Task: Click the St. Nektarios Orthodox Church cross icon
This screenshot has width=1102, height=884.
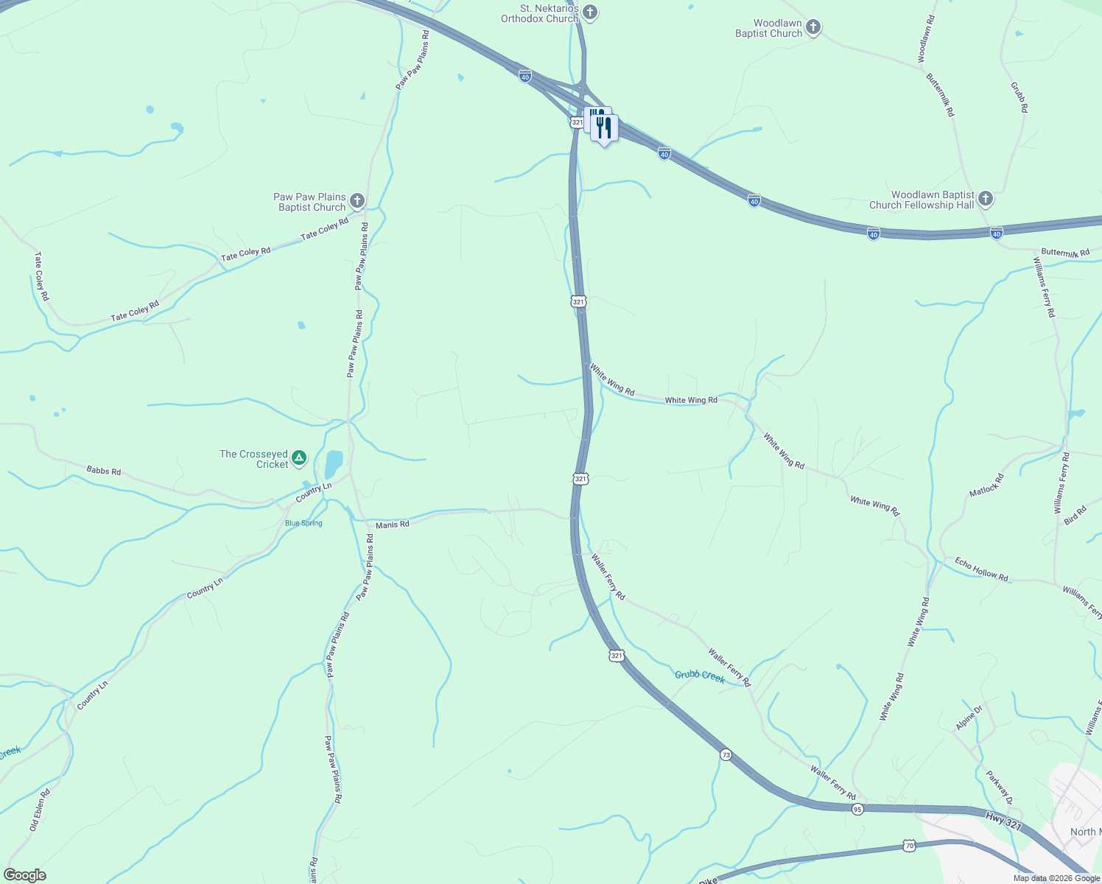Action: click(x=591, y=12)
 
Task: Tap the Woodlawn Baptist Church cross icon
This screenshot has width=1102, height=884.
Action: click(x=813, y=27)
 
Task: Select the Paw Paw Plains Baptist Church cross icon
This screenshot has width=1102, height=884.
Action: click(x=357, y=201)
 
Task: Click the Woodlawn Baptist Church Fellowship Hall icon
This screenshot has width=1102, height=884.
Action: click(x=986, y=199)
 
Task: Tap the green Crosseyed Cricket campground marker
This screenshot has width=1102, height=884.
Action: click(x=299, y=458)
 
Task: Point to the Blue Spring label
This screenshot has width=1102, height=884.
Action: click(x=303, y=523)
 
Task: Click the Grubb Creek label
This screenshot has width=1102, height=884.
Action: click(x=700, y=676)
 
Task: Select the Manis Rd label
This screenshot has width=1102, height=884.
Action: click(x=392, y=525)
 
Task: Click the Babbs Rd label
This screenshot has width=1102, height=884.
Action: click(x=103, y=470)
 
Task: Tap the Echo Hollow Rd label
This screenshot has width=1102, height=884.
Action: click(x=981, y=569)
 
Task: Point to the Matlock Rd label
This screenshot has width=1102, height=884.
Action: click(x=986, y=485)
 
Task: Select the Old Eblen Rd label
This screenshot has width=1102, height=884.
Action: click(x=40, y=810)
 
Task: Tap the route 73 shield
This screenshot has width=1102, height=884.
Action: click(x=726, y=755)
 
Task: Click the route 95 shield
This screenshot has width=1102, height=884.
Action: click(x=857, y=809)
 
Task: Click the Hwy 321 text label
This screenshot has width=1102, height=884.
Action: click(x=1003, y=821)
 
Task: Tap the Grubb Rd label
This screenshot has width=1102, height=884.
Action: click(x=1019, y=97)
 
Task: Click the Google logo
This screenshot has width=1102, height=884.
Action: click(x=25, y=875)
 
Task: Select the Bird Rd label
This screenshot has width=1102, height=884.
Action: click(x=1075, y=515)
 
